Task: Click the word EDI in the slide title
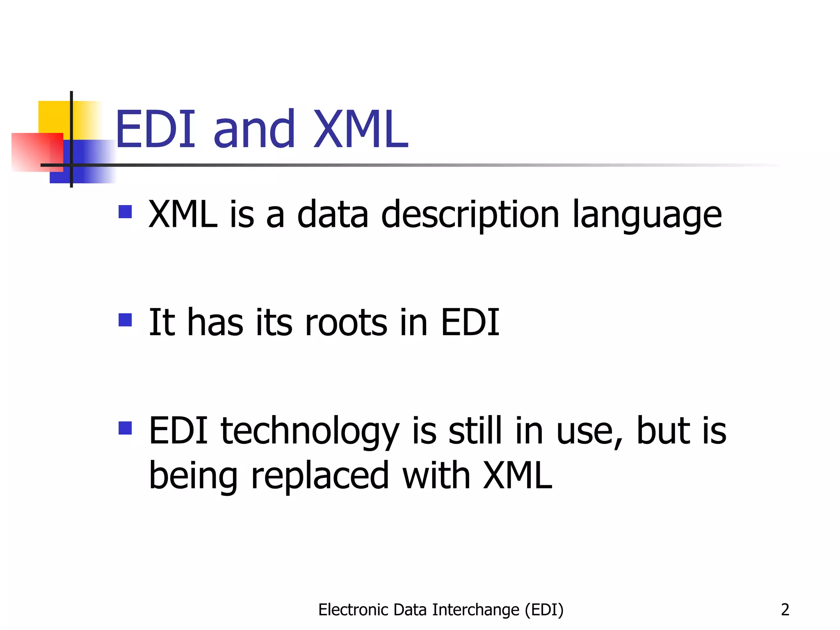[x=155, y=130]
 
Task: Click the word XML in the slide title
[x=361, y=130]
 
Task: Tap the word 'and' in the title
[x=254, y=130]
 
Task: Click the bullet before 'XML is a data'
[x=125, y=212]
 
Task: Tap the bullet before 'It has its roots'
[x=125, y=320]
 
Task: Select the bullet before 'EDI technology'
[x=125, y=428]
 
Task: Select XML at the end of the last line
[x=518, y=476]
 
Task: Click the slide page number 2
[x=785, y=610]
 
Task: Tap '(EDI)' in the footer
[x=544, y=610]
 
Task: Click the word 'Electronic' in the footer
[x=354, y=610]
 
